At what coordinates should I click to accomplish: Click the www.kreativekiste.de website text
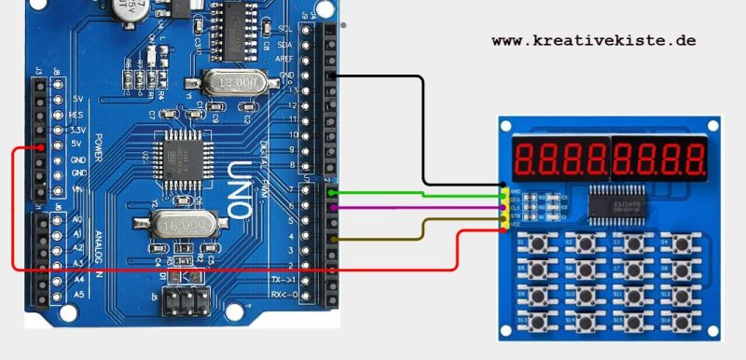[594, 42]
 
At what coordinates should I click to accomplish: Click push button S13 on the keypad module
[539, 322]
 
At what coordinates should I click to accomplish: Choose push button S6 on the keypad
[586, 271]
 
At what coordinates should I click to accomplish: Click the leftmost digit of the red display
[524, 160]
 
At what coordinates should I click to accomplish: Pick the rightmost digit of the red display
[698, 160]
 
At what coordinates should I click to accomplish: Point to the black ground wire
[424, 131]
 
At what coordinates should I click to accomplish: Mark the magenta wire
[420, 208]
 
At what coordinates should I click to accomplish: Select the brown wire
[420, 224]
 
